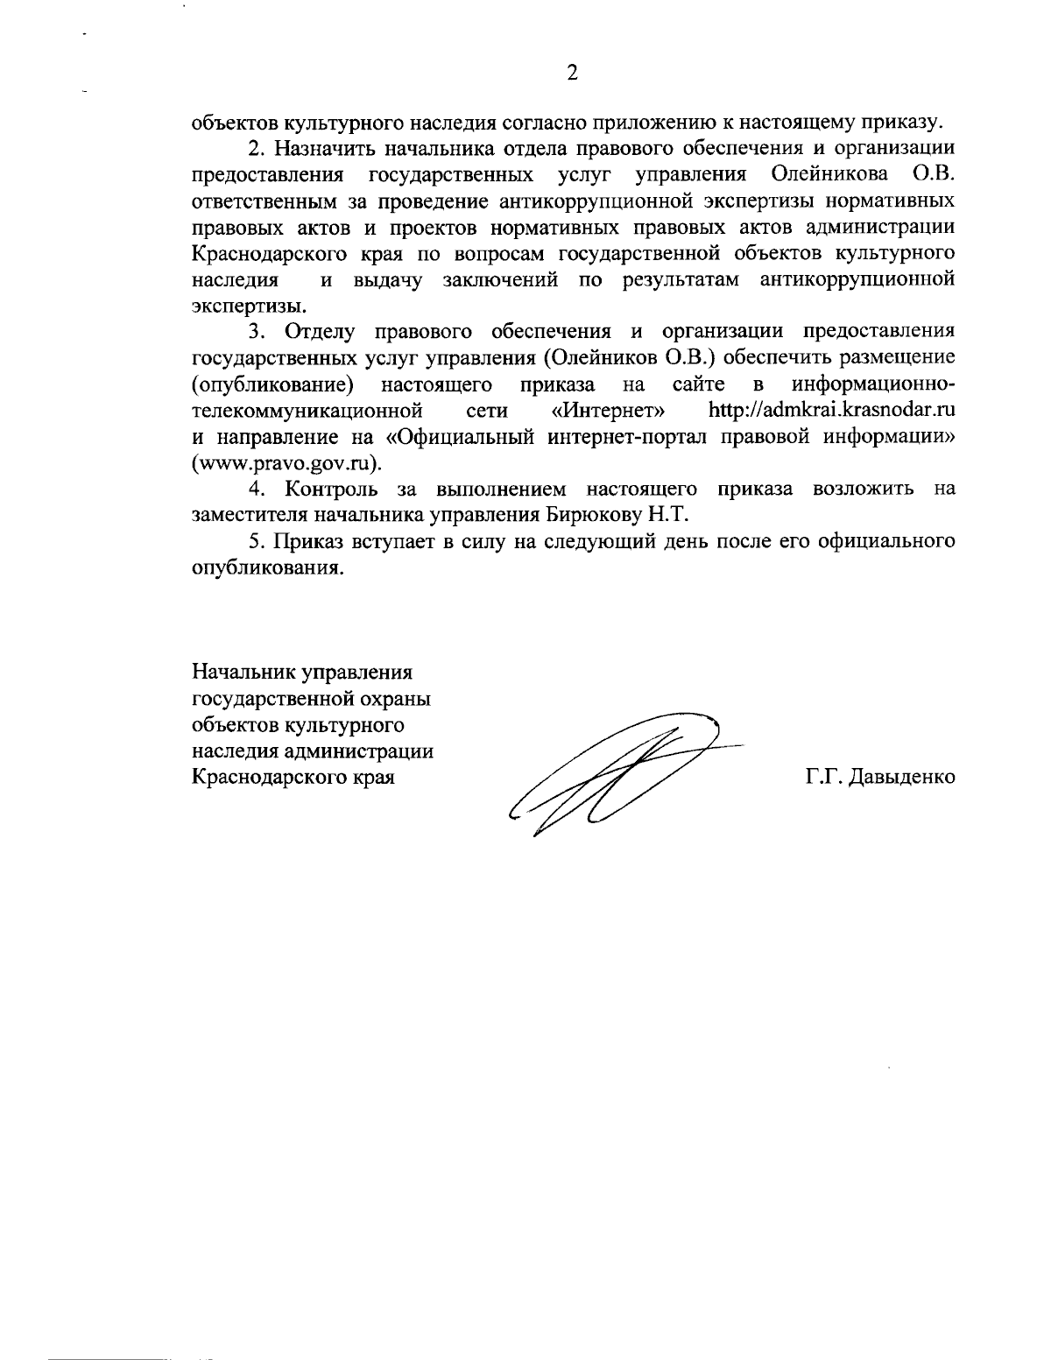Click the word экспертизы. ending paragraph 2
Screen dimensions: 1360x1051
click(250, 306)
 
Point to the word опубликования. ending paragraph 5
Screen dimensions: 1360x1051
click(265, 567)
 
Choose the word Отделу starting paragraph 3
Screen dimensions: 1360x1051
click(315, 332)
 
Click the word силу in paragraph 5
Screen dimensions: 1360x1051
click(473, 541)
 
